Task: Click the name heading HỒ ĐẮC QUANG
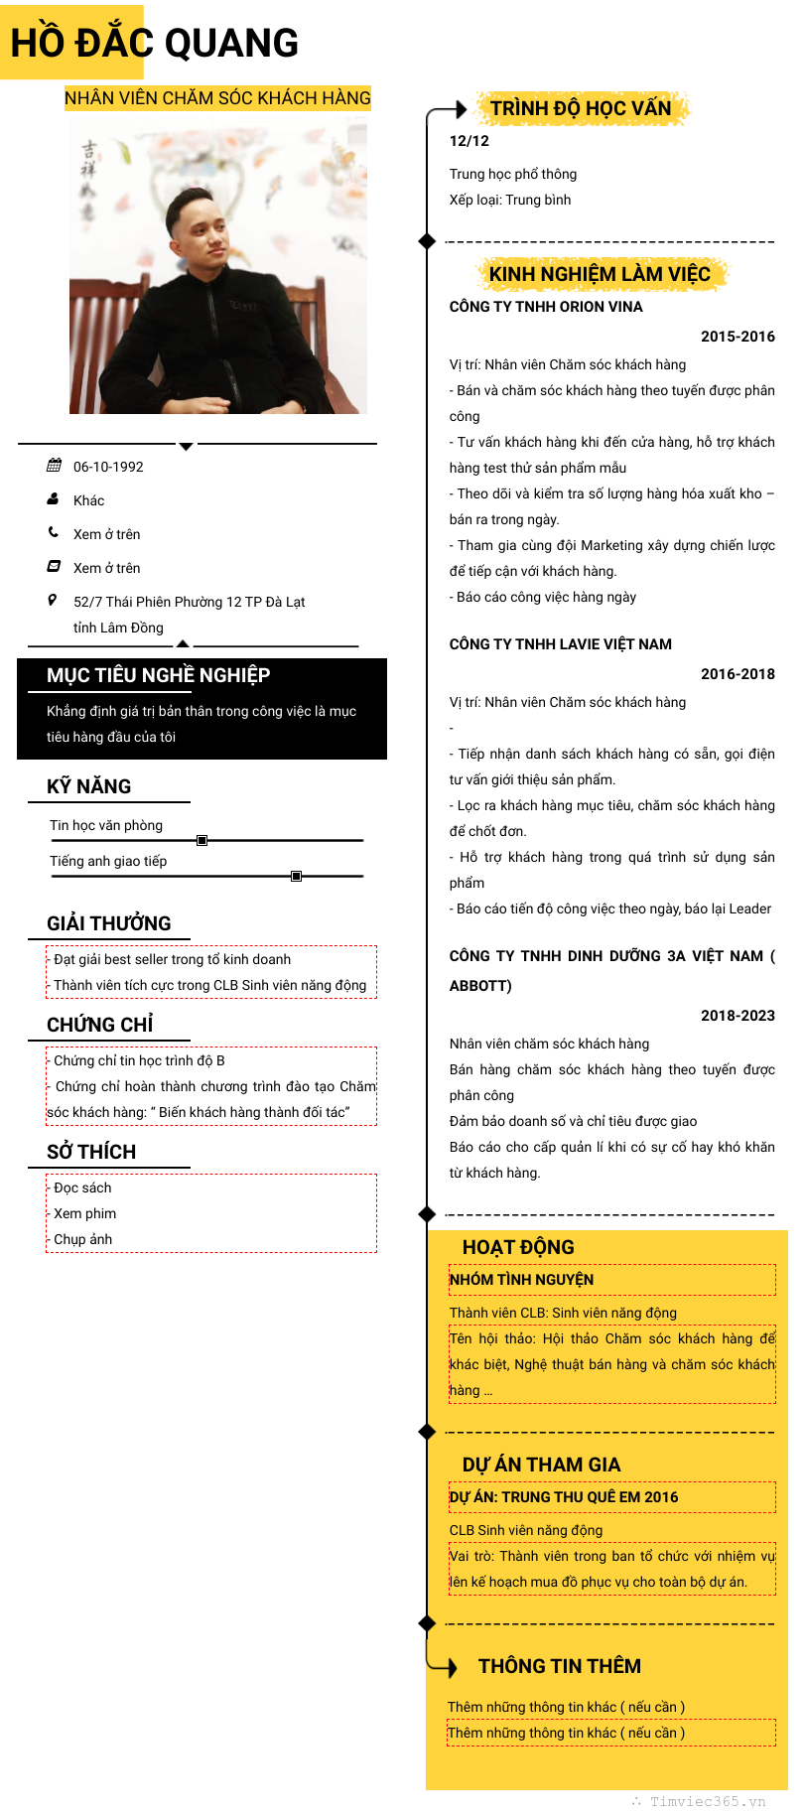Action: click(154, 43)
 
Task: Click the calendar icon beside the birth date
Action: click(54, 466)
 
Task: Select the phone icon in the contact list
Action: click(54, 532)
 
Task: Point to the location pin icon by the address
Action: click(53, 600)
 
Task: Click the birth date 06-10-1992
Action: click(108, 467)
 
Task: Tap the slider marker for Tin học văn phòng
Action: click(201, 840)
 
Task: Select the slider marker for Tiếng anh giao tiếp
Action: click(296, 876)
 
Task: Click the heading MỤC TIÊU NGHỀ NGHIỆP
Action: click(158, 675)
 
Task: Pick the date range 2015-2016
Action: click(738, 337)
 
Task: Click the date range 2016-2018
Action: click(738, 674)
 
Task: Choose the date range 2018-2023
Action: click(738, 1016)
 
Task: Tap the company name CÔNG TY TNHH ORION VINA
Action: click(546, 307)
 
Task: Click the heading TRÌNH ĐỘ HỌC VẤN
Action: click(581, 108)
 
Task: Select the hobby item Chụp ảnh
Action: click(83, 1239)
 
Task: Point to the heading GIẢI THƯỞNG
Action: click(109, 923)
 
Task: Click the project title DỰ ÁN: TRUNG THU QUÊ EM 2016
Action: click(564, 1497)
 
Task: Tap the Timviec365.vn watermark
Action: click(708, 1801)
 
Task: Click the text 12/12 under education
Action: click(470, 141)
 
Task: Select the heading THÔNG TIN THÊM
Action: click(560, 1666)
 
